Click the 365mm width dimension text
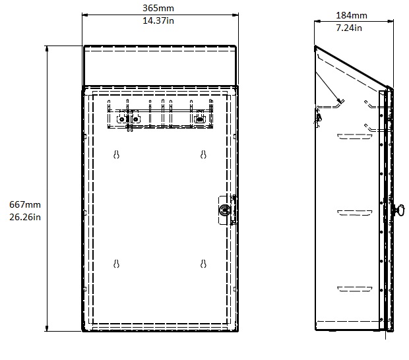(158, 8)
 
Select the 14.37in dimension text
(158, 20)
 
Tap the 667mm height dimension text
(25, 204)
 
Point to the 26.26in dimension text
(25, 217)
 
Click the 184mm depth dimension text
(352, 15)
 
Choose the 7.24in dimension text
(349, 28)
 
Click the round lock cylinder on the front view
(224, 210)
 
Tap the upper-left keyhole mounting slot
(116, 154)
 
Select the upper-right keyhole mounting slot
(203, 154)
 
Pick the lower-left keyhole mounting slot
(116, 264)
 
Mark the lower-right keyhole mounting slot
(203, 264)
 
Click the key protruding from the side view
(398, 210)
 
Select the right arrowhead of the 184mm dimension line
(391, 21)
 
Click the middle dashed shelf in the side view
(354, 213)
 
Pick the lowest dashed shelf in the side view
(354, 289)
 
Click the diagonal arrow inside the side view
(329, 87)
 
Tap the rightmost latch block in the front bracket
(200, 119)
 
